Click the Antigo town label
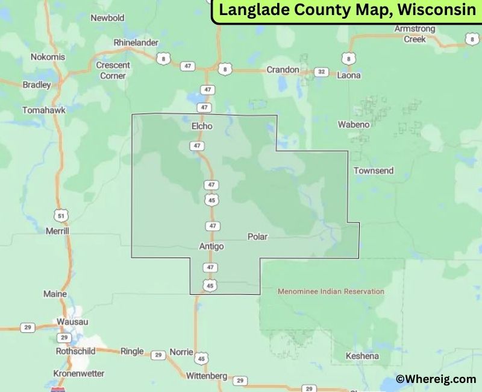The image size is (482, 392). click(211, 246)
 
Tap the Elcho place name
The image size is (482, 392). click(202, 126)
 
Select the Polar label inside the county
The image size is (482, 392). click(257, 237)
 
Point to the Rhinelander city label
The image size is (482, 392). click(136, 42)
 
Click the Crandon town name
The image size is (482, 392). click(283, 69)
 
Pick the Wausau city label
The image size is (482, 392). click(72, 321)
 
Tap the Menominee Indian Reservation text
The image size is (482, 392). click(331, 291)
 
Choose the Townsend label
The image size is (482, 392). click(374, 171)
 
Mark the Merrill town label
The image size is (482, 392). click(58, 230)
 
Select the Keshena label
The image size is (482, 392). click(362, 356)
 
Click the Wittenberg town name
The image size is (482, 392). click(206, 376)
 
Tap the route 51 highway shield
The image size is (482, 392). click(59, 215)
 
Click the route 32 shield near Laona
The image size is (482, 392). click(322, 72)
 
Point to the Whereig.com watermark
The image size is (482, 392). click(436, 379)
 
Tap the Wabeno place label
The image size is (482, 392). click(353, 124)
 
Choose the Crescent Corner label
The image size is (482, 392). click(113, 70)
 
